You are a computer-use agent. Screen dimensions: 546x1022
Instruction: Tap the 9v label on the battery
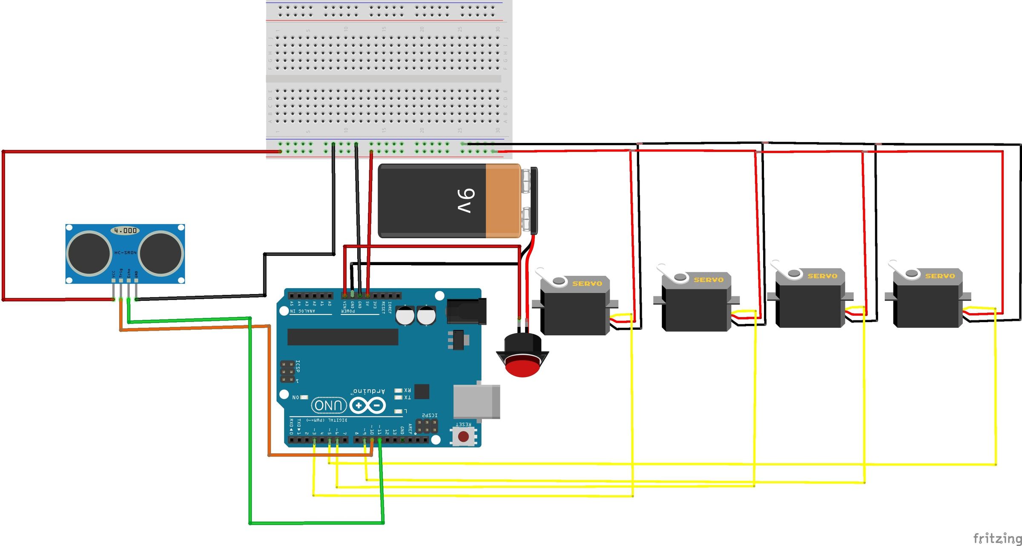[x=465, y=200]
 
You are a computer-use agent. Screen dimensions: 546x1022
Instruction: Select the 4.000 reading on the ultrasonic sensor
[x=125, y=231]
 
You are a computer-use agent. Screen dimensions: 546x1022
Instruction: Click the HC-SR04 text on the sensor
[x=125, y=253]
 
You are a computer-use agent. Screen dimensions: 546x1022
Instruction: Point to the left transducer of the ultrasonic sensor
[x=89, y=254]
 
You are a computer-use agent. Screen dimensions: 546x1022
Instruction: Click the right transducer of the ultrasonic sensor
[x=161, y=254]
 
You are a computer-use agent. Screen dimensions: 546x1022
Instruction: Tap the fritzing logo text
[x=997, y=538]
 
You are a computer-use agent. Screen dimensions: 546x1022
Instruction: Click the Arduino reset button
[x=463, y=436]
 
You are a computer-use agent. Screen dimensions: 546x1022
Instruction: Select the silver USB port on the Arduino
[x=476, y=401]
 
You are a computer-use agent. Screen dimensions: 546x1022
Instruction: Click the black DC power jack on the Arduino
[x=466, y=311]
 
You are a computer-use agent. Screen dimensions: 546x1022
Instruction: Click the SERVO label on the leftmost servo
[x=587, y=283]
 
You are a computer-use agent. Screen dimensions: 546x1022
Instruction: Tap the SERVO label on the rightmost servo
[x=940, y=276]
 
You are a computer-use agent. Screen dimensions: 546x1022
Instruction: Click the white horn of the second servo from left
[x=671, y=274]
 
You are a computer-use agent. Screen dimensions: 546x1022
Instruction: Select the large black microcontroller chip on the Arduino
[x=343, y=337]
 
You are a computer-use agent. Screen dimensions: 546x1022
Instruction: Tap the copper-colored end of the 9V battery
[x=502, y=200]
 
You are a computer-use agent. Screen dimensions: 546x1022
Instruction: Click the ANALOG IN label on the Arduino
[x=303, y=311]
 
